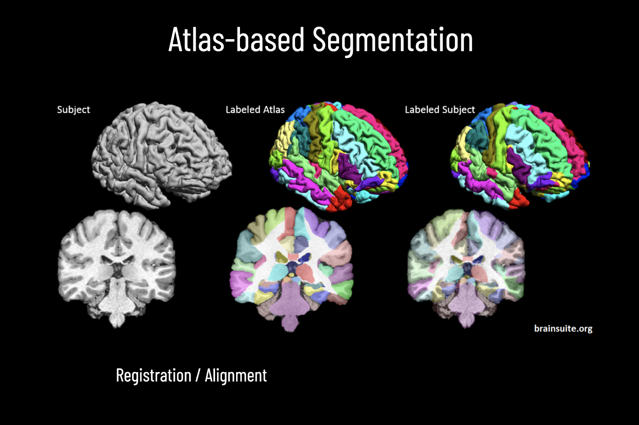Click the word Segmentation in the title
[393, 40]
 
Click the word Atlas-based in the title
[237, 40]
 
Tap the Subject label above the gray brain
[74, 110]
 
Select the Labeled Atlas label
[255, 110]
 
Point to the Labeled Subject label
[439, 110]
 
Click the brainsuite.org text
[563, 329]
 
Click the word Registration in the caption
[154, 376]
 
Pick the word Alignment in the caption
[236, 376]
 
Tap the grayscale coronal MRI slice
[116, 267]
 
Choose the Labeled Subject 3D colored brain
[520, 155]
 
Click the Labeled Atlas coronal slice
[292, 267]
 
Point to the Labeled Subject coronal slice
[467, 267]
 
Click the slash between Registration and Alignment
[198, 376]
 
